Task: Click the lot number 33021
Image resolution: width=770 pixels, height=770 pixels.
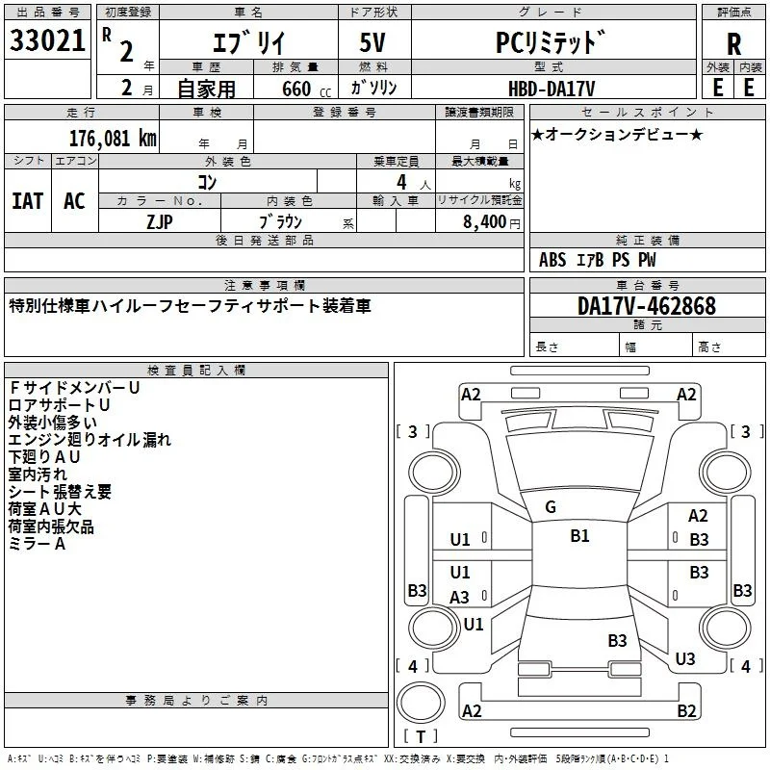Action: [x=47, y=40]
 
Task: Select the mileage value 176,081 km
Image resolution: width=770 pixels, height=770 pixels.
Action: [x=113, y=139]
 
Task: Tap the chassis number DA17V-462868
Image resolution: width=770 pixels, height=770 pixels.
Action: [x=647, y=306]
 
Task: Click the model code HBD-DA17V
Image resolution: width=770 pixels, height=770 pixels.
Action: [x=552, y=89]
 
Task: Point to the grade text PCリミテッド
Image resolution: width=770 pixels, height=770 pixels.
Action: [x=550, y=42]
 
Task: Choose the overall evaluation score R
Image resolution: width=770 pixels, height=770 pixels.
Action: [x=733, y=44]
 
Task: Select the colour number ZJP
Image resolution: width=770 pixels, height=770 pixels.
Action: [x=160, y=222]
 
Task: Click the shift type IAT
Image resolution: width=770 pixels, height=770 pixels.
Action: [x=28, y=201]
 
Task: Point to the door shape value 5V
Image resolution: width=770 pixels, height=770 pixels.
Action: [x=372, y=42]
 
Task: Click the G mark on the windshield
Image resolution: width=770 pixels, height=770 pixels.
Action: [x=551, y=507]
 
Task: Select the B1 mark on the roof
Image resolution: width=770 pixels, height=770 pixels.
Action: [x=579, y=536]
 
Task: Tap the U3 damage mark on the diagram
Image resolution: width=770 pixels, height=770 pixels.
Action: [x=685, y=659]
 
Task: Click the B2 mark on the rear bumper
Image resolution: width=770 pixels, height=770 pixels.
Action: [x=686, y=710]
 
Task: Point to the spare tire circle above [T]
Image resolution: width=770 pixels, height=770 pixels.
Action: [x=421, y=703]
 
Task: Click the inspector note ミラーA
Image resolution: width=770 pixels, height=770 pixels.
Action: [x=37, y=544]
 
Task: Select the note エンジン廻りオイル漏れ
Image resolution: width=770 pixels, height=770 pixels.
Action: [x=90, y=440]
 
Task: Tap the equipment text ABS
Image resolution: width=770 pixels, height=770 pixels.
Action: [x=552, y=260]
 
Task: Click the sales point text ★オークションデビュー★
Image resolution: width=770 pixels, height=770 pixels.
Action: [x=617, y=135]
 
